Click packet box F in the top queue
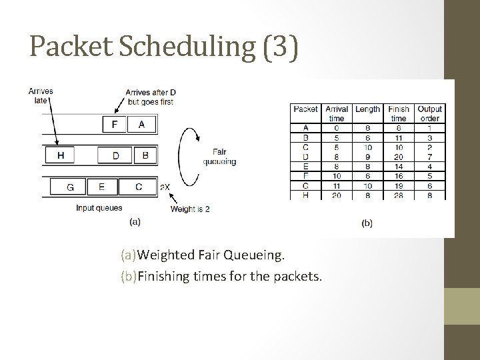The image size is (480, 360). pos(115,124)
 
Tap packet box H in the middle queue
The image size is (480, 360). pos(61,155)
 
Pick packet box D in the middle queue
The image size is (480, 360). pos(116,155)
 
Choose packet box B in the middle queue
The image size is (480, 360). pos(145,155)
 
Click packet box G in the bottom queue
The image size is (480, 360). pos(70,187)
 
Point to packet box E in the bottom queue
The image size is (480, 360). pos(101,187)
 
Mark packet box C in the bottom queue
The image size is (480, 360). pos(139,187)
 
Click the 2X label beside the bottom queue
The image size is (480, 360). pos(165,188)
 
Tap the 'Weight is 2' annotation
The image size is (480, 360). pos(190,209)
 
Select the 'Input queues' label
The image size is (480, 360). pos(99,208)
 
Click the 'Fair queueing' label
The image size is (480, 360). pos(223,156)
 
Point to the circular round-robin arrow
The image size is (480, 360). pos(189,157)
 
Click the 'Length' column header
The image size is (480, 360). pos(367,109)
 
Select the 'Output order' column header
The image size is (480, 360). pos(429,113)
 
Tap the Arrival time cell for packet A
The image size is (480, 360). pos(337,127)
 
